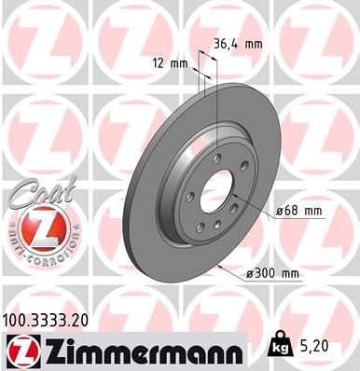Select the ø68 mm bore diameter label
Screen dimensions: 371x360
coord(298,211)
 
